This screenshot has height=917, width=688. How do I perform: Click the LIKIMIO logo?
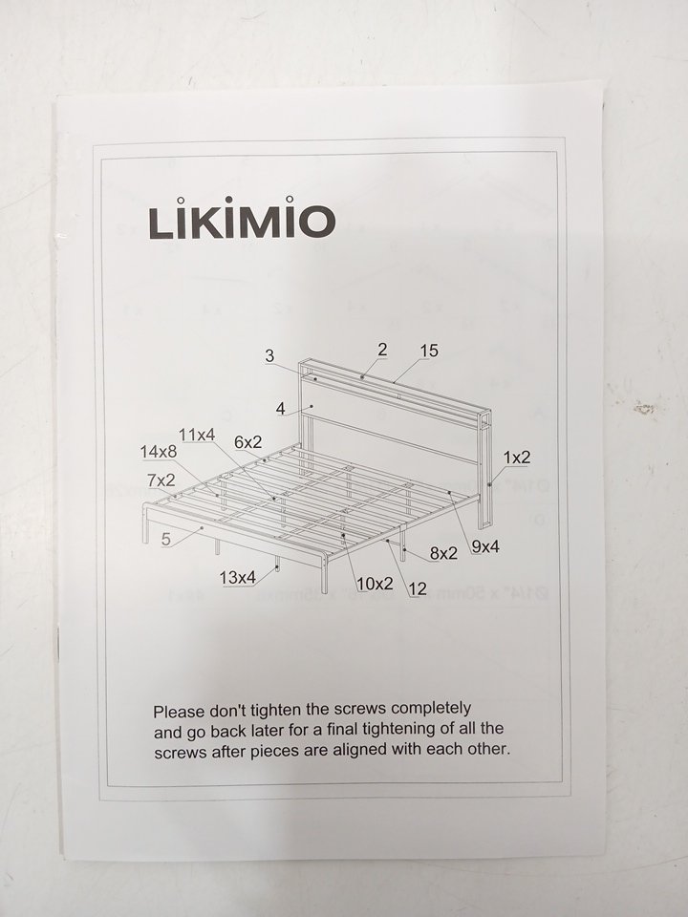(x=242, y=218)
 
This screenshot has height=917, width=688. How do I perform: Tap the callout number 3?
(x=269, y=355)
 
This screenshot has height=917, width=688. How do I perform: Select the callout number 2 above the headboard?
(x=382, y=350)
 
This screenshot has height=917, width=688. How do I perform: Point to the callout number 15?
(x=429, y=351)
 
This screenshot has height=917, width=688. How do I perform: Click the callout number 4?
(x=281, y=409)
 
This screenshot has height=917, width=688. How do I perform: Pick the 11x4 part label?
(x=197, y=436)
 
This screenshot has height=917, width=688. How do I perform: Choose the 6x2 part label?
(x=248, y=442)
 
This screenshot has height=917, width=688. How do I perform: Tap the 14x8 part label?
(x=158, y=452)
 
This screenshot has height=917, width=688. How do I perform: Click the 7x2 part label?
(x=161, y=480)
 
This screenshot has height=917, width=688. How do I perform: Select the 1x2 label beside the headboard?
(x=517, y=458)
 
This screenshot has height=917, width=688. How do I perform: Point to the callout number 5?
(x=166, y=539)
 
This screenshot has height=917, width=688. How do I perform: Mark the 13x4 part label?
(x=238, y=578)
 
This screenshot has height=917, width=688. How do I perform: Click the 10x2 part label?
(x=375, y=584)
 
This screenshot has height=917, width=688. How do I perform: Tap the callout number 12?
(x=418, y=589)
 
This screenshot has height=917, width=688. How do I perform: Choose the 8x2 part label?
(x=443, y=553)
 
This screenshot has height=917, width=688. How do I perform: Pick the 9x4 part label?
(x=485, y=547)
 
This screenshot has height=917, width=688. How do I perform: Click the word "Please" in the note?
(x=179, y=712)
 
